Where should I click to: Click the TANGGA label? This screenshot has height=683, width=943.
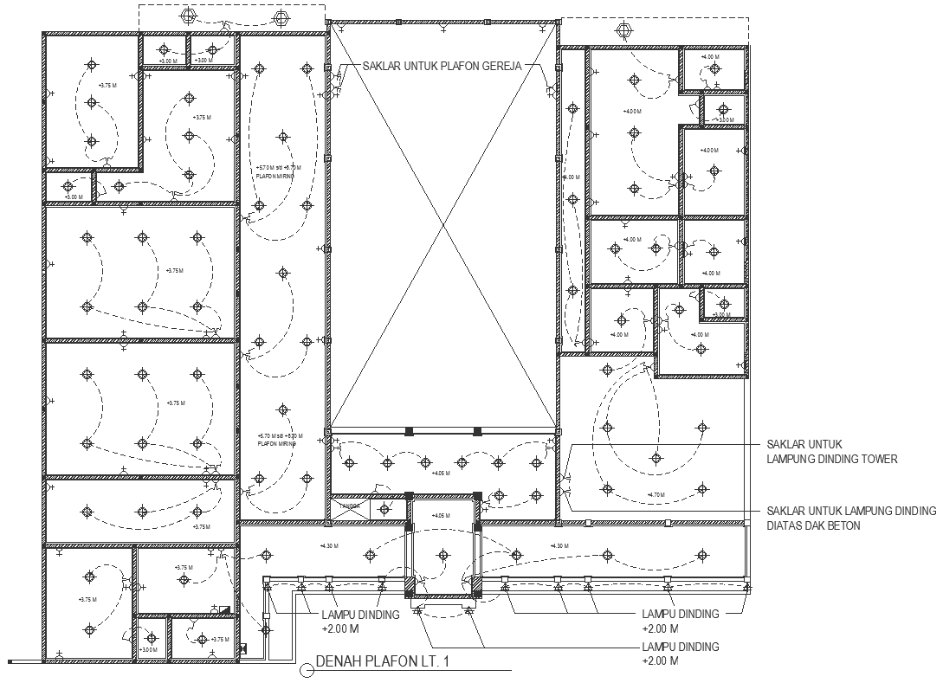350,506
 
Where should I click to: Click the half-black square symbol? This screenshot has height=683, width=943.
224,609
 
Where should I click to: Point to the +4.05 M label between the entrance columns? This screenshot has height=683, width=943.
442,516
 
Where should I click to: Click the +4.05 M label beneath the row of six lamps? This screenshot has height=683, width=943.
442,474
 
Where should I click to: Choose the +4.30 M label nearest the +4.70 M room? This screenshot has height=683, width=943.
559,545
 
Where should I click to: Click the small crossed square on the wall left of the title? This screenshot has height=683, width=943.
243,648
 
